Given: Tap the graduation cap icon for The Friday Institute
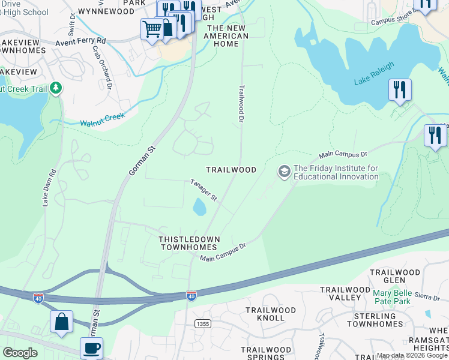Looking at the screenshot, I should pyautogui.click(x=284, y=172).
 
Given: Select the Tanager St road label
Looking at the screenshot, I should pyautogui.click(x=203, y=190).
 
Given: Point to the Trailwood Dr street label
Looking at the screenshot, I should pyautogui.click(x=242, y=104).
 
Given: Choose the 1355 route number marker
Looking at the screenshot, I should pyautogui.click(x=202, y=324).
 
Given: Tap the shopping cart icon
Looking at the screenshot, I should pyautogui.click(x=152, y=28).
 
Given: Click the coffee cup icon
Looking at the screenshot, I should pyautogui.click(x=91, y=348).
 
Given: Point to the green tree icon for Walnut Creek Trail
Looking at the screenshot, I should pyautogui.click(x=56, y=89).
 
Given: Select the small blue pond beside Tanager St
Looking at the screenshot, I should pyautogui.click(x=199, y=208).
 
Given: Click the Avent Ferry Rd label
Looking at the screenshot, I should pyautogui.click(x=80, y=42).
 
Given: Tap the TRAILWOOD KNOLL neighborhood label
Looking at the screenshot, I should pyautogui.click(x=271, y=314).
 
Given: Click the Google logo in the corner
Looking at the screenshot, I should pyautogui.click(x=20, y=353).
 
